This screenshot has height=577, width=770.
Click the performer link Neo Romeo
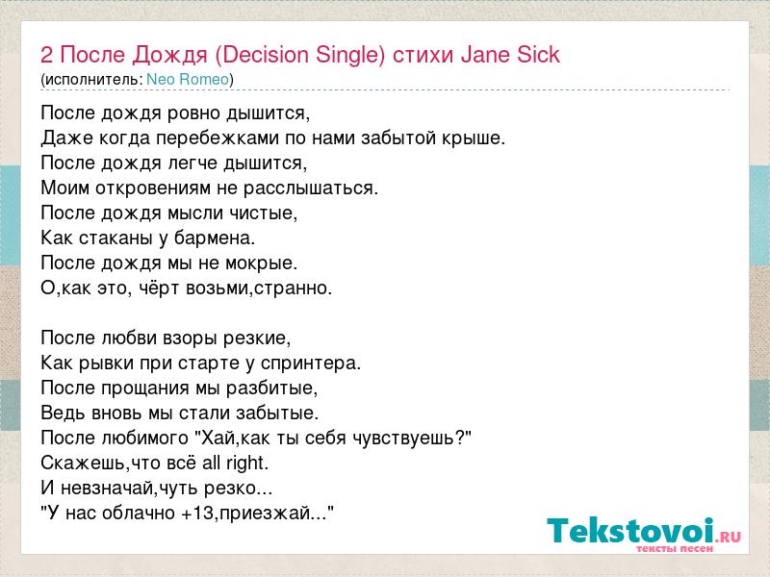(188, 80)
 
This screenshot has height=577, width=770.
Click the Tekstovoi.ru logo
(644, 535)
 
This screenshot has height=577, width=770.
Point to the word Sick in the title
(538, 55)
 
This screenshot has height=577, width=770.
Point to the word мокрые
(261, 263)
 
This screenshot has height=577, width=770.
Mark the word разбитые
(271, 389)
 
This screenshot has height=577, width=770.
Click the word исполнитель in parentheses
(92, 80)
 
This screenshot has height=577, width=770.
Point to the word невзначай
(105, 489)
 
